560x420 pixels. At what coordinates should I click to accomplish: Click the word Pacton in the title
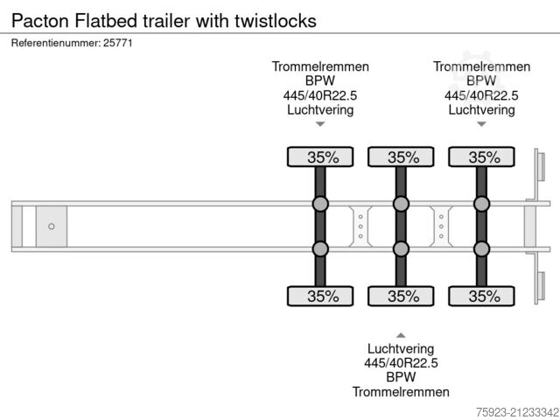click(38, 19)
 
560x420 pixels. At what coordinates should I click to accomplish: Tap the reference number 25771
click(117, 43)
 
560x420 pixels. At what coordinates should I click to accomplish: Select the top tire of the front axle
click(321, 157)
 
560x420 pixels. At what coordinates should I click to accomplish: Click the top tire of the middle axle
click(402, 157)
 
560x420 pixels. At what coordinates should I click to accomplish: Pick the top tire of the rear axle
click(482, 157)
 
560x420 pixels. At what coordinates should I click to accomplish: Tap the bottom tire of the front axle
click(321, 296)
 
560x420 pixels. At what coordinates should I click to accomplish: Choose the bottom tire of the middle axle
click(402, 296)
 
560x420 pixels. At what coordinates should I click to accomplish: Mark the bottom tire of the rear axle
click(482, 296)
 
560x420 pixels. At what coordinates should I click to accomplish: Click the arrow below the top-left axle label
click(320, 124)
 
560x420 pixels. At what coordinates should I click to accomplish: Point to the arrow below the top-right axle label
click(481, 124)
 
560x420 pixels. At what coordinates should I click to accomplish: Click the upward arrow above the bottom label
click(401, 334)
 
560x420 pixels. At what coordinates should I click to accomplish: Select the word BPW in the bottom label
click(401, 377)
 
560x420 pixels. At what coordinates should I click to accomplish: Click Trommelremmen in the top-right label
click(481, 66)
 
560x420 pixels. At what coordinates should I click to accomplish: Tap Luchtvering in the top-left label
click(320, 110)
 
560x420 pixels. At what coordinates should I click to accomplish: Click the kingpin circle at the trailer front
click(51, 227)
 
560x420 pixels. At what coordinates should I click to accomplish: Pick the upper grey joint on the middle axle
click(401, 205)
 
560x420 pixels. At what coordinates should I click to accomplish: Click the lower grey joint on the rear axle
click(481, 249)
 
